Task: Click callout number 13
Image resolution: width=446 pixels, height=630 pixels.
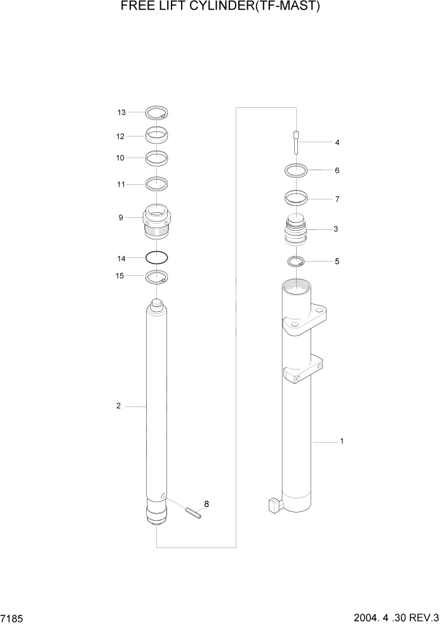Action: tap(121, 112)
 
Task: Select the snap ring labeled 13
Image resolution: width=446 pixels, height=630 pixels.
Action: tap(156, 114)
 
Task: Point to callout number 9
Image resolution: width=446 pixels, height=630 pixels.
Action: tap(120, 218)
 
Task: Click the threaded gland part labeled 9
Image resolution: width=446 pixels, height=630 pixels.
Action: tap(156, 222)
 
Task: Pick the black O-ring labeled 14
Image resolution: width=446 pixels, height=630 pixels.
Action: tap(156, 258)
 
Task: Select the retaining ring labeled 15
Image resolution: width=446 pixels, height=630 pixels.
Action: tap(156, 276)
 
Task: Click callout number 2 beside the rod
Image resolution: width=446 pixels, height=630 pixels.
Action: tap(118, 406)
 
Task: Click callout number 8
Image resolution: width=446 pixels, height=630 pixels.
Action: tap(206, 504)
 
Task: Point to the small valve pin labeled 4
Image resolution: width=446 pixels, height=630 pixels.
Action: tap(296, 142)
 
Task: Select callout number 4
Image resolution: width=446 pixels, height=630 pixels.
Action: tap(337, 143)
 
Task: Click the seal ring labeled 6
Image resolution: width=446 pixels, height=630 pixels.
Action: tap(296, 170)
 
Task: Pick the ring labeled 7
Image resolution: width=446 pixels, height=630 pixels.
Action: tap(296, 198)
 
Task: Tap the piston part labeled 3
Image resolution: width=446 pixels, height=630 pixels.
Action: tap(296, 232)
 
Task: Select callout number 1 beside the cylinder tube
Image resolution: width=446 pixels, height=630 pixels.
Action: tap(342, 441)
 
